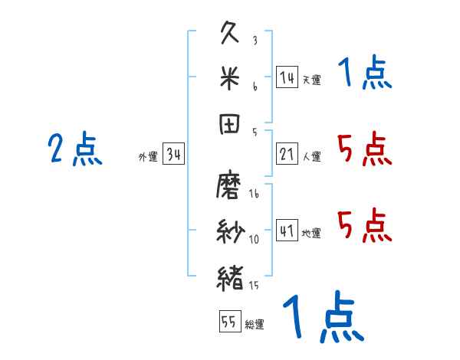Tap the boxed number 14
tap(287, 77)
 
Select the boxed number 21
tap(287, 154)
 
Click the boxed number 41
tap(287, 231)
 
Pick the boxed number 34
tap(174, 154)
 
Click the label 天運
tap(311, 80)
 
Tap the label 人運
tap(311, 157)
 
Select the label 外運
tap(148, 157)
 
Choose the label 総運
tap(255, 324)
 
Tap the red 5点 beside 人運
tap(364, 149)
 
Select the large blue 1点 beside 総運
tap(323, 318)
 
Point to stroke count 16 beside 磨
tap(255, 195)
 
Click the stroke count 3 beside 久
tap(255, 40)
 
